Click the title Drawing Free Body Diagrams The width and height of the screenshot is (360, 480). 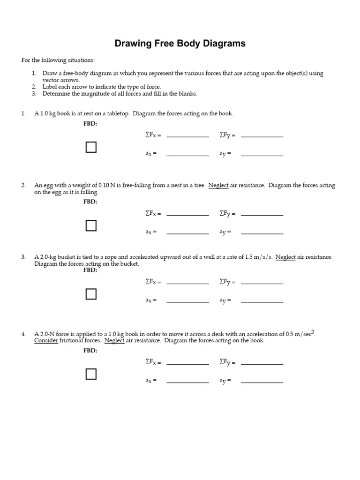(180, 44)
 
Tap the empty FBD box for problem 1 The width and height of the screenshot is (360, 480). (91, 147)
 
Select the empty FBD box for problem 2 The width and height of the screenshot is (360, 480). (91, 225)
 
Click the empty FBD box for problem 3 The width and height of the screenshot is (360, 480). (91, 294)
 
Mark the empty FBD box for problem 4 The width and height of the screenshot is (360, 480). (91, 374)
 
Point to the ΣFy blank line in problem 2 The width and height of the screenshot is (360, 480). (262, 215)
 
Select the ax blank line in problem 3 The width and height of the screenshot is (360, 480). (187, 301)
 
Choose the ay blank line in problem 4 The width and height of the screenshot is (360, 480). (262, 382)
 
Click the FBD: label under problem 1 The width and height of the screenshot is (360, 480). (90, 124)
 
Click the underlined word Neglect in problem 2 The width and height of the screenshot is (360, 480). (218, 185)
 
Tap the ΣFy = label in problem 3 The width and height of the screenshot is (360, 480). (227, 283)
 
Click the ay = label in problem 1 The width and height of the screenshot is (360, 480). (225, 154)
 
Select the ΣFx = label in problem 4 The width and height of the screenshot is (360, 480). (153, 362)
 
